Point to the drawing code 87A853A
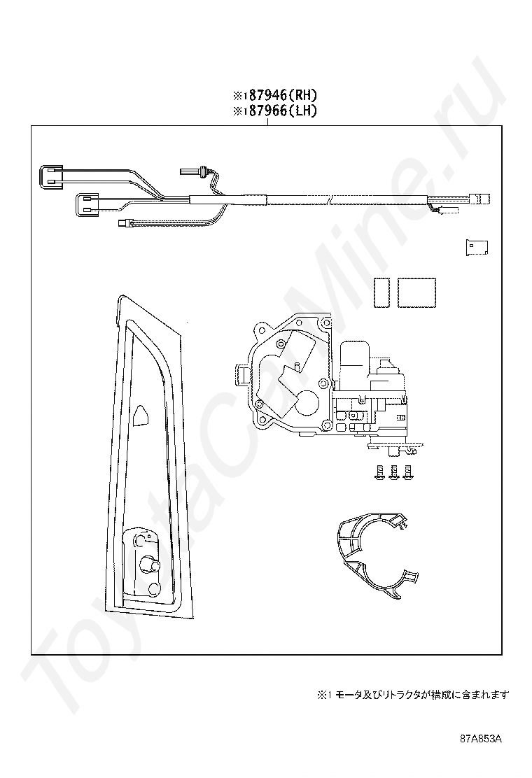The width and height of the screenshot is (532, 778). tap(482, 739)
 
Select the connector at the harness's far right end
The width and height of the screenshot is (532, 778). tap(482, 198)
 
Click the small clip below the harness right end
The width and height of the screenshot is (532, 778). tap(476, 248)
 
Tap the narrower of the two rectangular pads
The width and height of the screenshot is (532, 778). tap(381, 292)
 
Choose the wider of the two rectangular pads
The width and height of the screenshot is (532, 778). tap(416, 292)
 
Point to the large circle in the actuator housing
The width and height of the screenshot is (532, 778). tap(307, 399)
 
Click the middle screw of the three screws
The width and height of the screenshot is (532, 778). tap(394, 472)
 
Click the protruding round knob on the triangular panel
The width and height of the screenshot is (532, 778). tap(148, 565)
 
